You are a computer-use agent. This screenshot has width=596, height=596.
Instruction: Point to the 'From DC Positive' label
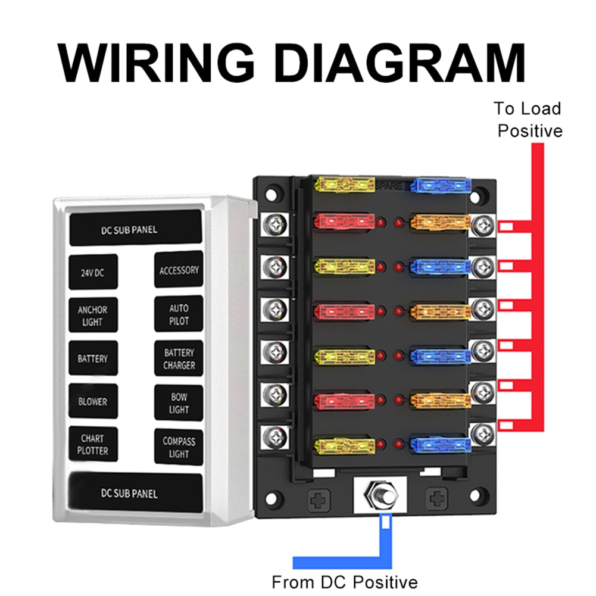[345, 581]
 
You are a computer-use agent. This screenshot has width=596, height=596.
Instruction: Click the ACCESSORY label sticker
[179, 270]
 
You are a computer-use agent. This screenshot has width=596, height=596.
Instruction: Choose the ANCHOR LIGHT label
[93, 316]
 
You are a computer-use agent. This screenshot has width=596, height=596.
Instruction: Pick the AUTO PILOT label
[179, 314]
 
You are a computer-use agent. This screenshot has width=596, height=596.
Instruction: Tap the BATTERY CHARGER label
[179, 358]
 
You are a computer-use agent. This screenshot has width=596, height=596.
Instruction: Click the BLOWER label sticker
[93, 401]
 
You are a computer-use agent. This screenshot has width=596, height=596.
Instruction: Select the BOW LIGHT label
[179, 403]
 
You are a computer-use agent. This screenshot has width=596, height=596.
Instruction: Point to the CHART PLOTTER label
[93, 445]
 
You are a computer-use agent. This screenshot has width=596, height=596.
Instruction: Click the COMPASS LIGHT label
[179, 447]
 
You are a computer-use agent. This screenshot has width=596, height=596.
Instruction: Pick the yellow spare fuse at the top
[345, 184]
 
